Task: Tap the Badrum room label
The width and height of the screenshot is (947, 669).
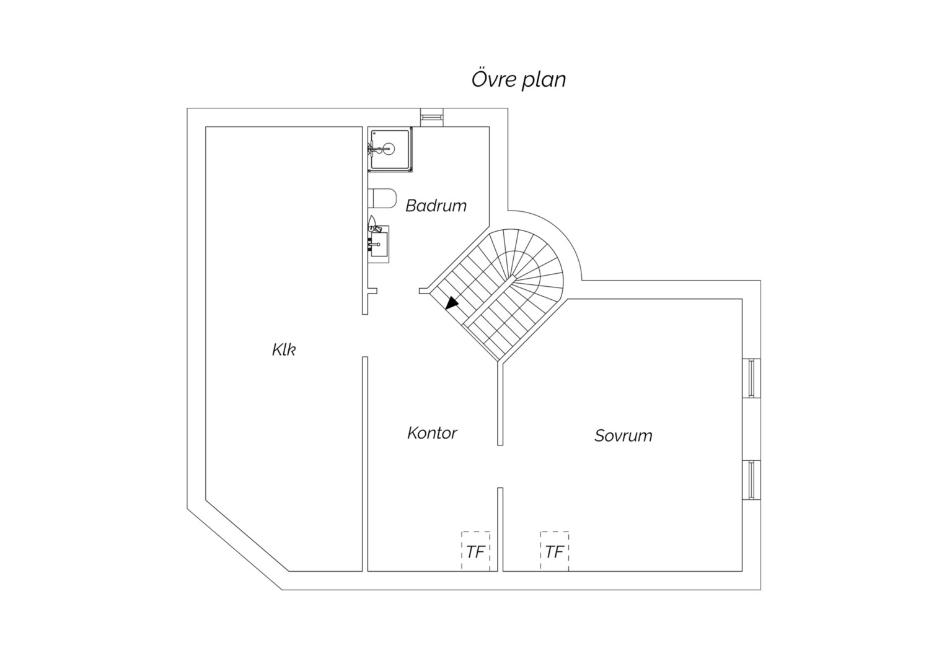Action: point(436,206)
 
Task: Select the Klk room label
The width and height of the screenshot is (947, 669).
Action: point(284,349)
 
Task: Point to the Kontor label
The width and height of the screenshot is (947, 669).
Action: point(432,433)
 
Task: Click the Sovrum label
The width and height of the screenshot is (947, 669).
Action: point(623,435)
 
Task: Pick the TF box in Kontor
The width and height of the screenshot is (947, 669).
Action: point(475,551)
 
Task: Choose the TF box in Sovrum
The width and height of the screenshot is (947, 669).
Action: point(554,551)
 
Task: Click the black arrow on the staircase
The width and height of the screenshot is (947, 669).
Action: point(452,302)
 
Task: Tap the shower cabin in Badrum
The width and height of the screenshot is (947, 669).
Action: point(390,149)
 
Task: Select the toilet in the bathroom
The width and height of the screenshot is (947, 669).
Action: point(382,198)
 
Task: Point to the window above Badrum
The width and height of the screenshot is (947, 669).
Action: point(431,117)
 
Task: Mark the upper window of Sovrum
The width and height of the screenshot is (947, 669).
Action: point(751,378)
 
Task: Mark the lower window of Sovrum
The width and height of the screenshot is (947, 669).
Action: point(751,479)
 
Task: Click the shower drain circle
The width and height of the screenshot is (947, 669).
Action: point(388,149)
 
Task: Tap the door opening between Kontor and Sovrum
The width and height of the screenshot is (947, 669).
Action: point(500,466)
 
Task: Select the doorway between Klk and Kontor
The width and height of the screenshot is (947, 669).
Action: point(365,336)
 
